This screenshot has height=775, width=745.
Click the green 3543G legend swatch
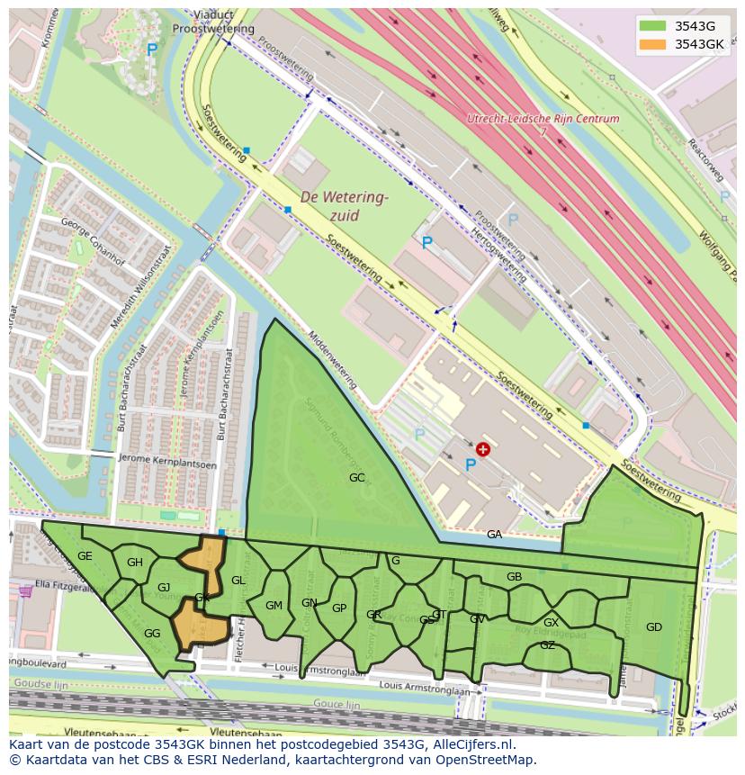point(653,26)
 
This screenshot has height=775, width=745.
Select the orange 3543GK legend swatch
point(653,44)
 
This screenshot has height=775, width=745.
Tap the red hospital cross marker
point(483,448)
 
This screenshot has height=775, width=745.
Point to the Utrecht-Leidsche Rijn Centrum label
point(543,119)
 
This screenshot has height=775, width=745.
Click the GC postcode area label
point(357,478)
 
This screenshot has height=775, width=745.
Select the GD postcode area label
point(654,627)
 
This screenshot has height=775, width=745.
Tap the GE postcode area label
point(85,556)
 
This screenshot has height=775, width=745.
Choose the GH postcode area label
point(135,563)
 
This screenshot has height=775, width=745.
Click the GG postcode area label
point(152,634)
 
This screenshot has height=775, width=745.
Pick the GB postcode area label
point(515,577)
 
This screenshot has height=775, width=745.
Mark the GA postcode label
point(494,535)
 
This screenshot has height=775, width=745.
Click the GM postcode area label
point(274,606)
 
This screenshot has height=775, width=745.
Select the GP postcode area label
point(339,608)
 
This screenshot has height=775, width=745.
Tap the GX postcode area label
point(552,623)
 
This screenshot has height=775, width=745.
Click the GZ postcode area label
point(547,645)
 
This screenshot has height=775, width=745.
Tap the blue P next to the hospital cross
point(471,464)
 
